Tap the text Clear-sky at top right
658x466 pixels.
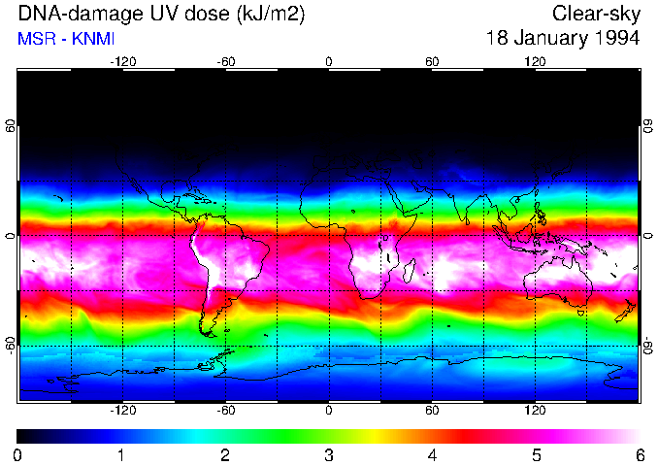pos(595,14)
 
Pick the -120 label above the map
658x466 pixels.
pos(122,61)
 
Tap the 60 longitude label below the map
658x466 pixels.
pos(432,410)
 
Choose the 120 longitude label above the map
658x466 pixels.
pos(535,61)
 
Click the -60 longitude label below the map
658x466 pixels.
pos(226,410)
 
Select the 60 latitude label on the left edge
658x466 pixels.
pos(11,126)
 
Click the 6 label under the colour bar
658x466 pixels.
pos(639,455)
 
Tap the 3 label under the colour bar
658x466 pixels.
pos(328,455)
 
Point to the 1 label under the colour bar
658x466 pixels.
pos(121,455)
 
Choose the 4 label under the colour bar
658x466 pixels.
pos(432,455)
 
